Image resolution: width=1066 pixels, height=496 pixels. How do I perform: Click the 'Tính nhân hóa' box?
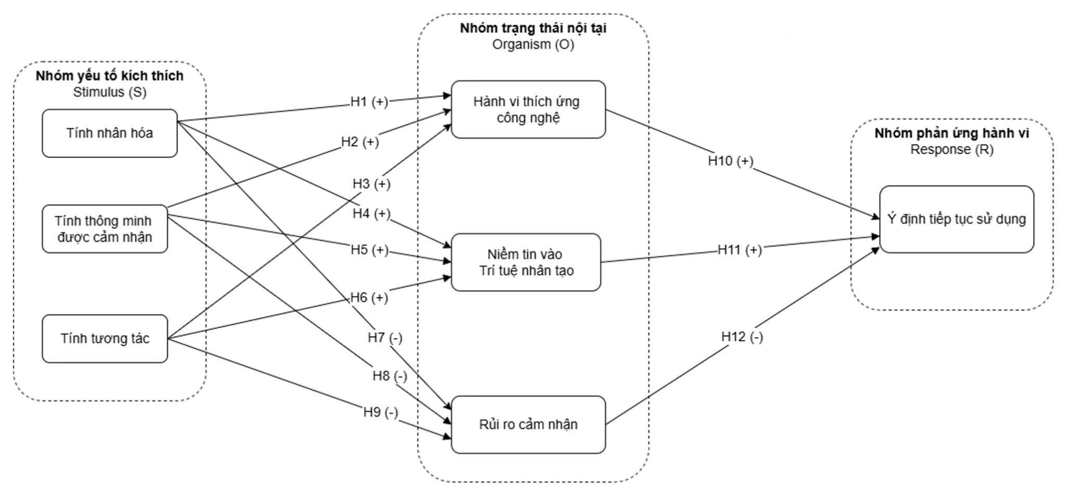point(110,133)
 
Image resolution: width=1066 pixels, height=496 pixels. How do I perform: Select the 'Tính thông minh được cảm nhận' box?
point(105,229)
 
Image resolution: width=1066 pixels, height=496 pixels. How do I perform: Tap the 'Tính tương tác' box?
point(105,339)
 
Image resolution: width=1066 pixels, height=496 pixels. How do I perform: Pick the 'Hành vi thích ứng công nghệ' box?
point(528,109)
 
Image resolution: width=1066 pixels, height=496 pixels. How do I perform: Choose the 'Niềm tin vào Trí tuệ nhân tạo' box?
point(526,262)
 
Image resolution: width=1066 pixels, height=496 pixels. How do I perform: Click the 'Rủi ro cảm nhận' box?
point(528,425)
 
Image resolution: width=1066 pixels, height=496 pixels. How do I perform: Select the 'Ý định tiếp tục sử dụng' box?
point(957,219)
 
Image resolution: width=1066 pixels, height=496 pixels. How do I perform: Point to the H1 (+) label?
point(369,102)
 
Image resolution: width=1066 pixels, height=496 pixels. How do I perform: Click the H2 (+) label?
point(360,142)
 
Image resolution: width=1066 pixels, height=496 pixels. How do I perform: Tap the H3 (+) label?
point(372,184)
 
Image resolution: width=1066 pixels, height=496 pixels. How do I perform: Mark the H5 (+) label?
point(370,250)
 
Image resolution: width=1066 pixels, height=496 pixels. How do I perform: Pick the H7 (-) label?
point(385,338)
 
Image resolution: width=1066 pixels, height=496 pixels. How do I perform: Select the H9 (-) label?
point(380,413)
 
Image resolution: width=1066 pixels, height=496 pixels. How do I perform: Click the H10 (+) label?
point(731,161)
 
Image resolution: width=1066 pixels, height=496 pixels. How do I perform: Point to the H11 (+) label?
point(740,250)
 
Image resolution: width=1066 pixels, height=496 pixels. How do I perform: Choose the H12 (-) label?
point(742,337)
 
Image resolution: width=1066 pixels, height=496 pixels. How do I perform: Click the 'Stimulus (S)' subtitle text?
point(110,92)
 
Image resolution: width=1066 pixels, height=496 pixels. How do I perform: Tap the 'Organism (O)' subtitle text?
point(534,45)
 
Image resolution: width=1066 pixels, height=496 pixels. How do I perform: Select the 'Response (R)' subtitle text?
point(952,150)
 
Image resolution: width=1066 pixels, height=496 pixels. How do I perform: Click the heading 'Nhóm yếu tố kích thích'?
point(110,76)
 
